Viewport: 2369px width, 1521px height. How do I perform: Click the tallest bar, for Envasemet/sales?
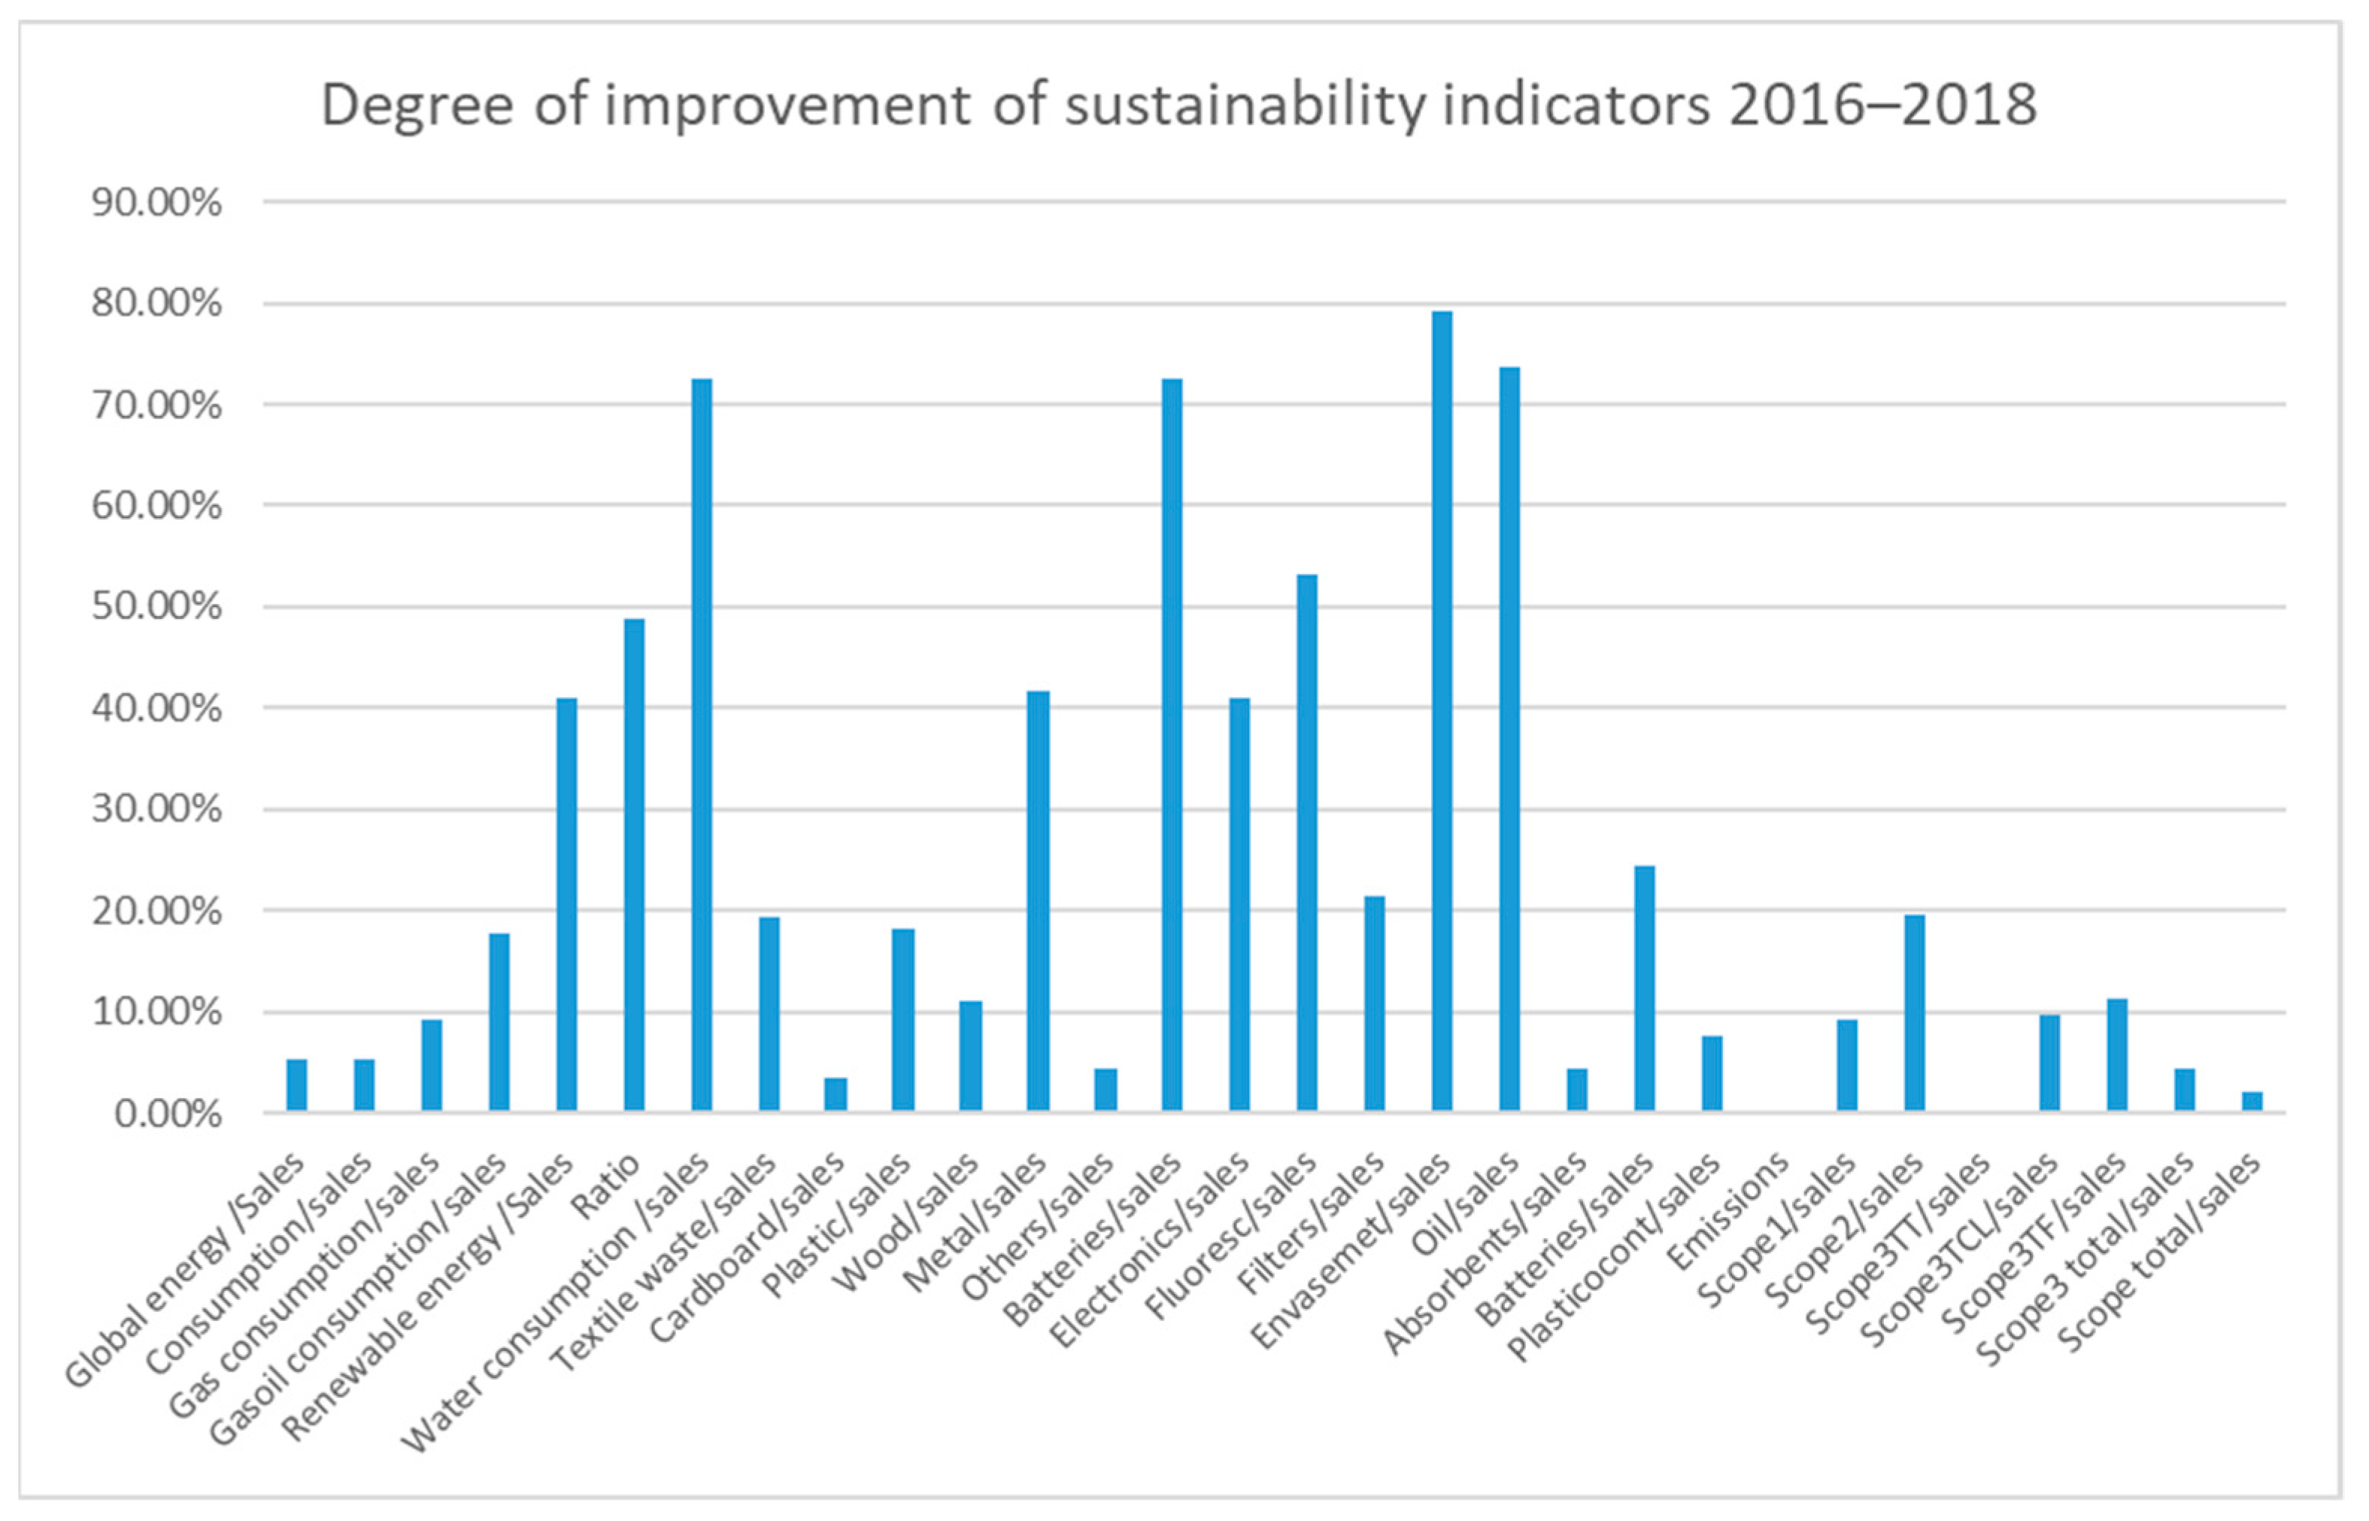tap(1442, 711)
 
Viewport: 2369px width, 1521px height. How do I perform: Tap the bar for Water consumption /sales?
tap(701, 745)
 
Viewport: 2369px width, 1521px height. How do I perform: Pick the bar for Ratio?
tap(634, 864)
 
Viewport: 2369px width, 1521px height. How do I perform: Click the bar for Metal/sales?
tap(1038, 900)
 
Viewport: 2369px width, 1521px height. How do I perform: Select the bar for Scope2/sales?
tap(1914, 1012)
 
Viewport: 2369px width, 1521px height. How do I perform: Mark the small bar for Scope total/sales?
tap(2252, 1101)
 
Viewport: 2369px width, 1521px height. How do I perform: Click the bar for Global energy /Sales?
tap(297, 1085)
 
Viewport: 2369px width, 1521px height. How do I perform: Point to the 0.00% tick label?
tap(167, 1114)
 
